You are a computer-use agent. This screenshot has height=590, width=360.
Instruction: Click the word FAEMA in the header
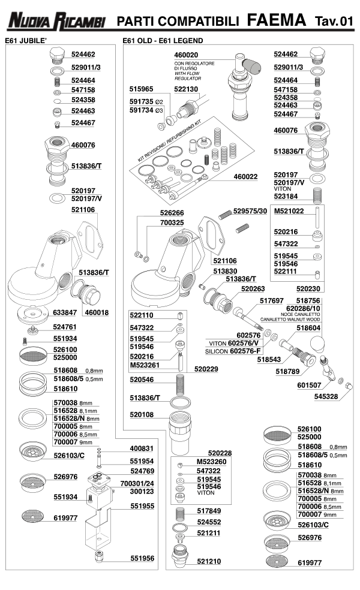coord(276,20)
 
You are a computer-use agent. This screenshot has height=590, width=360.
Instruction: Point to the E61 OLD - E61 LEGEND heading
coord(163,41)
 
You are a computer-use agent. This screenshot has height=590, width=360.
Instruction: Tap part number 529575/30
coord(253,211)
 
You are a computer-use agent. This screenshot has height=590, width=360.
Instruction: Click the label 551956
coord(142,558)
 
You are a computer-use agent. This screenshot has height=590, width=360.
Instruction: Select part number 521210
coord(209,561)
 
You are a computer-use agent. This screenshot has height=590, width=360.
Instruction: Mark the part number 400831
coord(142,448)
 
